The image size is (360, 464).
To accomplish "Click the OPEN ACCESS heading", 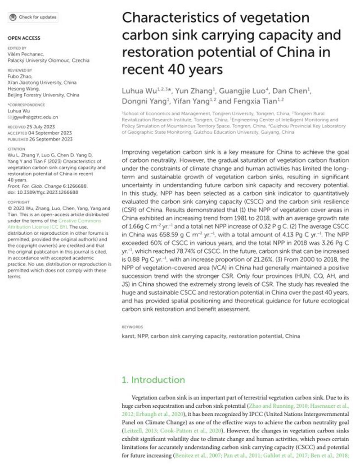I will tap(24, 38).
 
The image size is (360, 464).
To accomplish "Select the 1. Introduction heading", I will tap(154, 380).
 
